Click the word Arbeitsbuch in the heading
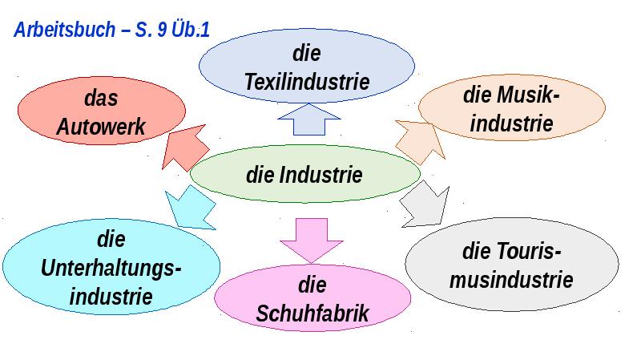tap(65, 30)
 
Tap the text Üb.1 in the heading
tap(191, 30)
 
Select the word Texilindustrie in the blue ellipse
tap(307, 82)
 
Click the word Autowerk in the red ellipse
tap(101, 127)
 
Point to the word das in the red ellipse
tap(101, 98)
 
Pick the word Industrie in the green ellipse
tap(321, 175)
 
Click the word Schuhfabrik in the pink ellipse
tap(312, 313)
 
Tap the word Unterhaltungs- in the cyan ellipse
tap(111, 269)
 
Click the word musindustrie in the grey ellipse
tap(511, 280)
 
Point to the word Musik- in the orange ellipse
tap(529, 95)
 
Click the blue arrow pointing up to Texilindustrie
tap(309, 119)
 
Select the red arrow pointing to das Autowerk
tap(186, 148)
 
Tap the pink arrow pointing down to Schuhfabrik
tap(311, 241)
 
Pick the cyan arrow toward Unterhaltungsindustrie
tap(191, 207)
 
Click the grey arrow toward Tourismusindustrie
tap(425, 204)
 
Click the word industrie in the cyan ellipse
tap(111, 296)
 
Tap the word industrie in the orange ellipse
tap(511, 123)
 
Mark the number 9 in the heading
tap(162, 30)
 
